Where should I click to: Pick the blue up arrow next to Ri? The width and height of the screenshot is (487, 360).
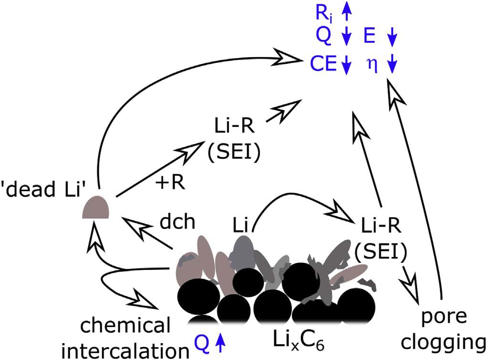(347, 13)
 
